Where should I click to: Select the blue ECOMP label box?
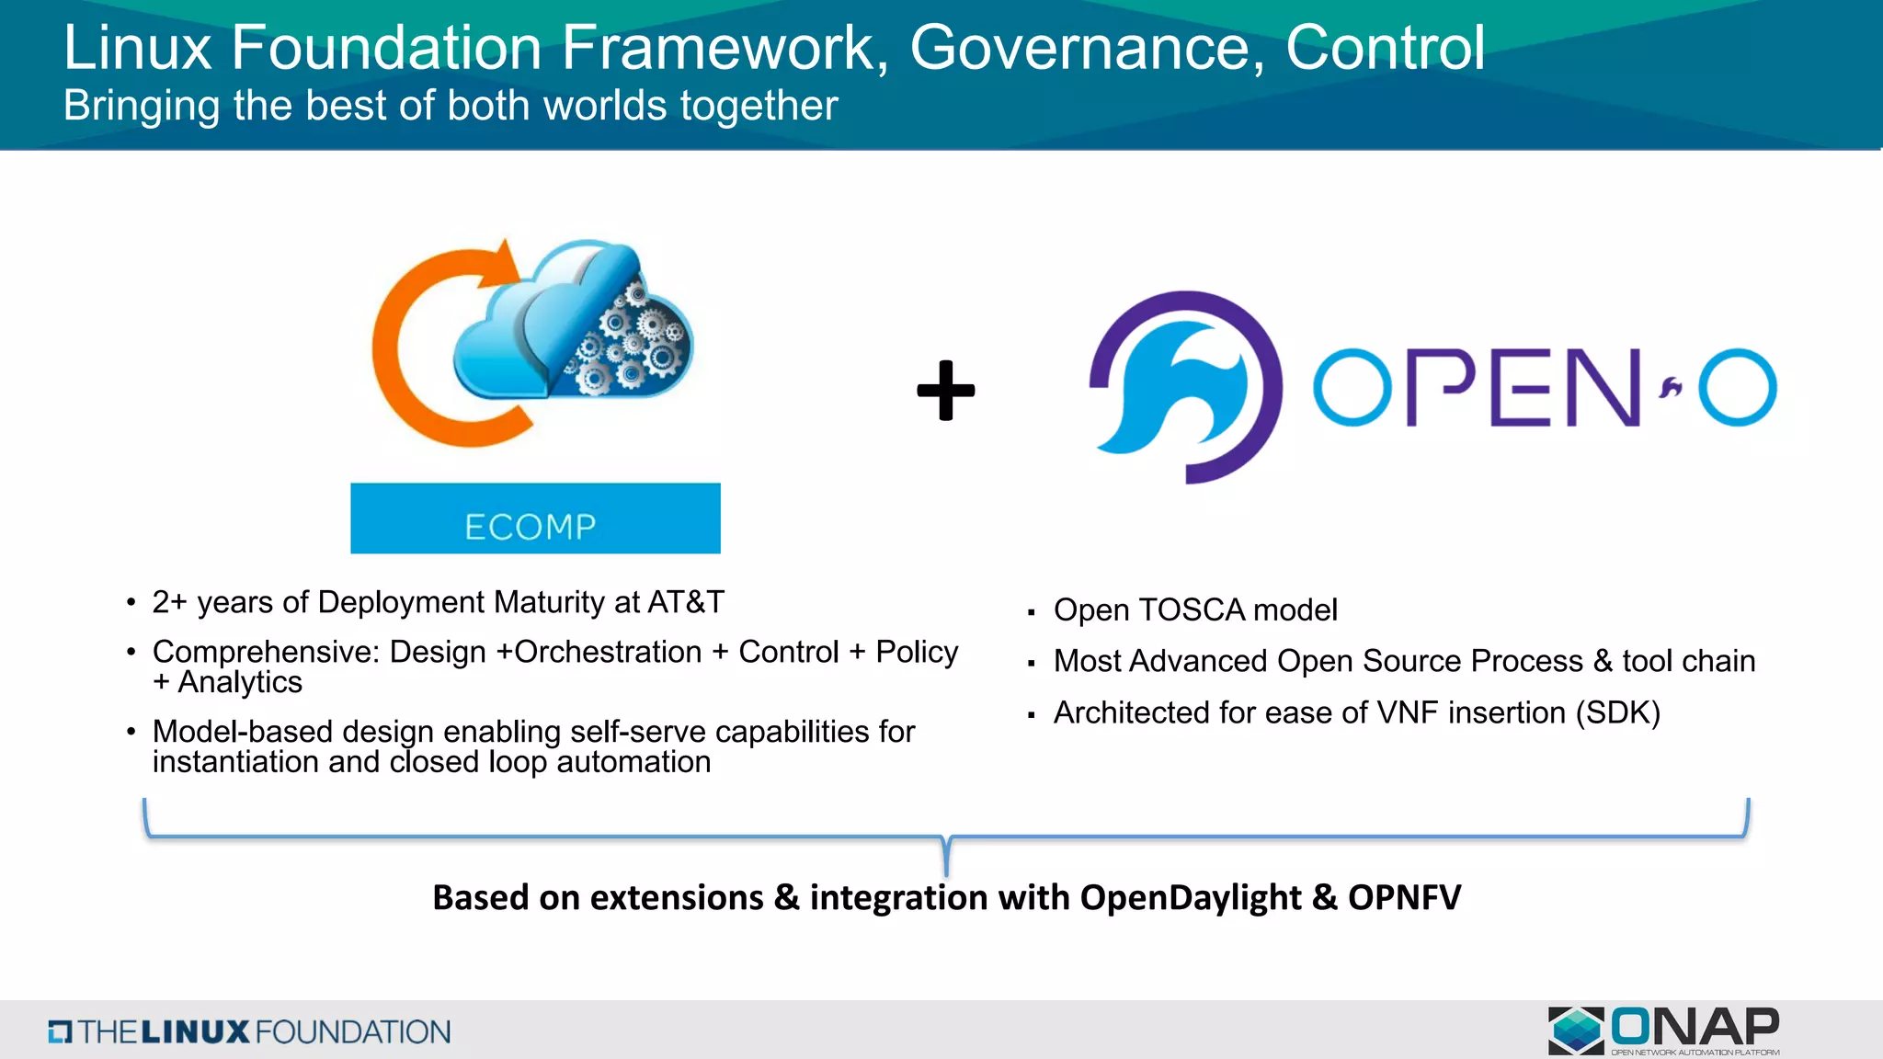(x=535, y=518)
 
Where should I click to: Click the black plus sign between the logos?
(x=946, y=391)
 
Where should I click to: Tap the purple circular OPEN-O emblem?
(x=1185, y=387)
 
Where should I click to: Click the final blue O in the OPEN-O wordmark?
(x=1737, y=387)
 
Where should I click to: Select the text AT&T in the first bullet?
(x=686, y=602)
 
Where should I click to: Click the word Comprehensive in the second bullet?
(x=266, y=652)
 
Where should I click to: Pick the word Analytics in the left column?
(x=240, y=683)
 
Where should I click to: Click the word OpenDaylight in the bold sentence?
(x=1191, y=897)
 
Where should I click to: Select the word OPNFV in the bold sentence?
(x=1404, y=897)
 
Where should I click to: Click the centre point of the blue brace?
(x=946, y=855)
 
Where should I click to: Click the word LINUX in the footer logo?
(x=195, y=1031)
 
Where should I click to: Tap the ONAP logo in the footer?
(x=1664, y=1031)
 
